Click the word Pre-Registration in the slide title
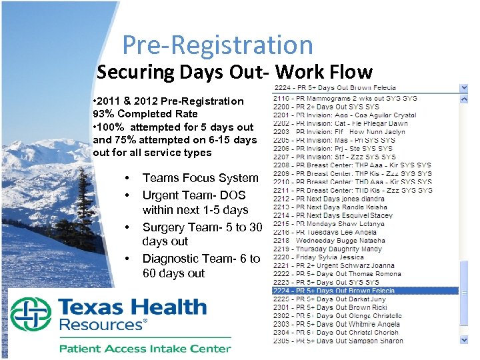(x=217, y=45)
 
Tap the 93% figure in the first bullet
(x=103, y=114)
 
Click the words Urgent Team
(x=175, y=195)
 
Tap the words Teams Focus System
(x=200, y=178)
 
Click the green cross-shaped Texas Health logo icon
(x=31, y=315)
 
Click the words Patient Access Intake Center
(x=145, y=348)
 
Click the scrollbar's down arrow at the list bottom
(x=464, y=340)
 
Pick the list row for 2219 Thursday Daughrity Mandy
(x=328, y=249)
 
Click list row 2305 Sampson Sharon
(x=338, y=341)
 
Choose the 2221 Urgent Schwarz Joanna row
(x=334, y=265)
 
